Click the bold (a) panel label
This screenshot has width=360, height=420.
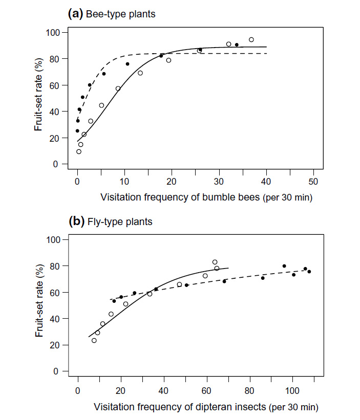(x=76, y=14)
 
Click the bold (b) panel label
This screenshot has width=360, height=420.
(x=76, y=222)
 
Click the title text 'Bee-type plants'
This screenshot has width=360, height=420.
(x=120, y=14)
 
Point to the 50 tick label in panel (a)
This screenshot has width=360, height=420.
(x=313, y=182)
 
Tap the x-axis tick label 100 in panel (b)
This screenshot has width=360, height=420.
(x=293, y=389)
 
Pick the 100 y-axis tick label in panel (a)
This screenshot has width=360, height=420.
(x=53, y=33)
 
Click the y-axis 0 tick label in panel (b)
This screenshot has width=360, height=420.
(x=58, y=371)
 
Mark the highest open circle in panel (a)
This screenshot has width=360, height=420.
(x=251, y=39)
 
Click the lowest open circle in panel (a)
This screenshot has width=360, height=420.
(x=79, y=151)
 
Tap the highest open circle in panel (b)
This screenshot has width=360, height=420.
(x=215, y=262)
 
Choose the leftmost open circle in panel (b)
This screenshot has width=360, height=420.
(x=94, y=340)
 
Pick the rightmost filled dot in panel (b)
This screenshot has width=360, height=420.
(x=309, y=272)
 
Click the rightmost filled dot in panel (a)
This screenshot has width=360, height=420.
(x=237, y=45)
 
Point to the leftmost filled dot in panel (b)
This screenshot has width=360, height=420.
(x=114, y=301)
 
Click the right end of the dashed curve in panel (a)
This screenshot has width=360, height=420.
(x=266, y=53)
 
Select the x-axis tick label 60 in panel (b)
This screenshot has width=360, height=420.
(x=207, y=389)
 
